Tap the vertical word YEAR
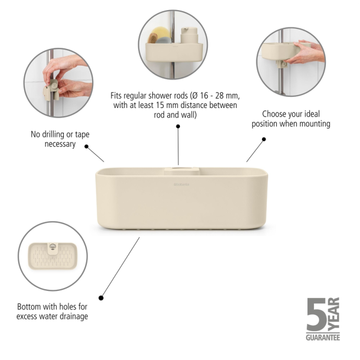334,313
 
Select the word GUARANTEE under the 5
323,337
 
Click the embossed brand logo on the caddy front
180,186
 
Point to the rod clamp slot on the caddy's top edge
178,172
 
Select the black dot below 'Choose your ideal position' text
264,139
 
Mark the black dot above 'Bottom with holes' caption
102,298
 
